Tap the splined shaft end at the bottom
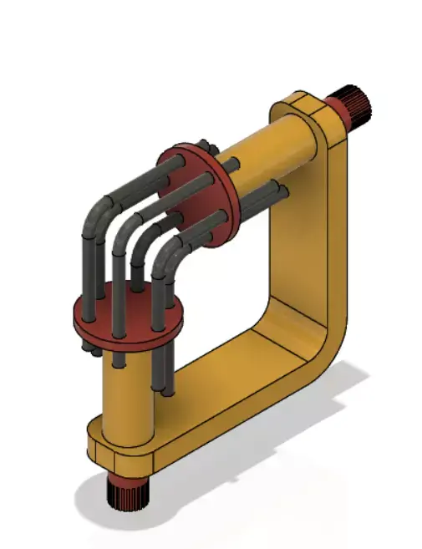tap(127, 496)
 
